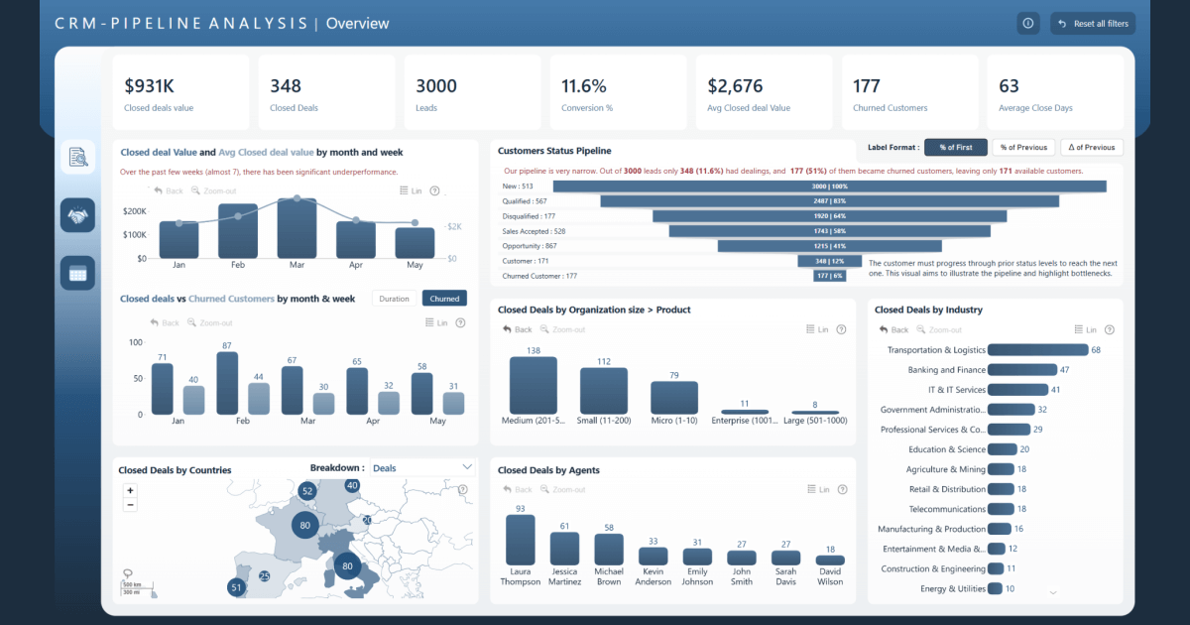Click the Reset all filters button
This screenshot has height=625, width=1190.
(x=1092, y=24)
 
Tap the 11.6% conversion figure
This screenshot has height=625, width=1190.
(x=584, y=86)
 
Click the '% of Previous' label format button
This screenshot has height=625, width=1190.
(x=1023, y=147)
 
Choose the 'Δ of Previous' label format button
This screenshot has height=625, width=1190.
(x=1092, y=147)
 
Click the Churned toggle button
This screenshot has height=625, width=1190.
(x=444, y=299)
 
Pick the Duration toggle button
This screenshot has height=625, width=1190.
(x=394, y=299)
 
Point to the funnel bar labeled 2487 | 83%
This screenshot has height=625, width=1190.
(x=829, y=200)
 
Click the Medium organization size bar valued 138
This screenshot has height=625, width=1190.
(x=533, y=386)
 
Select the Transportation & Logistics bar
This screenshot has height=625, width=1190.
(x=1037, y=350)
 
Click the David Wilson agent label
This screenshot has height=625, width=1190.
(x=830, y=576)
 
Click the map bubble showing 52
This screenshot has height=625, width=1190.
(x=307, y=491)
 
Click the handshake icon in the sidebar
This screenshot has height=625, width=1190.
(x=77, y=215)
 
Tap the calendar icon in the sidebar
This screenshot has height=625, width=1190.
(x=77, y=274)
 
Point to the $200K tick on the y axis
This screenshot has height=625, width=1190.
(x=134, y=211)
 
